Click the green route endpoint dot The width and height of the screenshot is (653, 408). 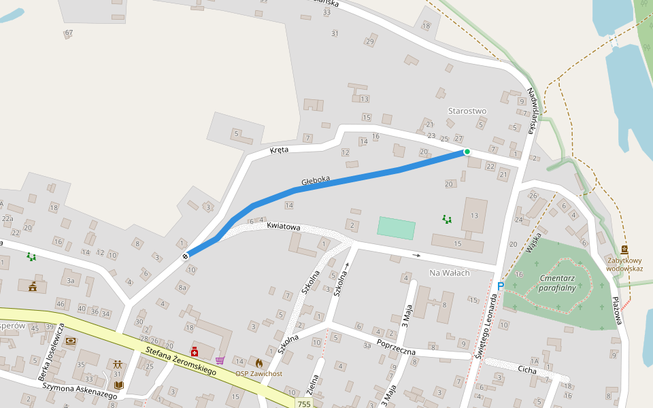[x=467, y=152]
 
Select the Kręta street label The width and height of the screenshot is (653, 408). [x=279, y=150]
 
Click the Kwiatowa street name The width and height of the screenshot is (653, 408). [x=284, y=225]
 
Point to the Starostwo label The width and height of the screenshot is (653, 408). [x=467, y=111]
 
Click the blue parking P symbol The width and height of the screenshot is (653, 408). [x=501, y=287]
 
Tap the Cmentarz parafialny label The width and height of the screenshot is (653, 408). [x=557, y=283]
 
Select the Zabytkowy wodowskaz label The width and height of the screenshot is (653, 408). [x=624, y=264]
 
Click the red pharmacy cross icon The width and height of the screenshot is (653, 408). [x=195, y=352]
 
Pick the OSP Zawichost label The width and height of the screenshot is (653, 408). [x=258, y=373]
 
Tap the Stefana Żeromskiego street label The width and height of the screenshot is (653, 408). [x=181, y=360]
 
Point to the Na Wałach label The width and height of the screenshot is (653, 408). [x=446, y=273]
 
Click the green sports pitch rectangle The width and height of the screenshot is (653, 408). [x=396, y=228]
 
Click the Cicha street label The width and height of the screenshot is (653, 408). [x=526, y=371]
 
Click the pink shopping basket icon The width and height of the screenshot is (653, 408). [x=220, y=360]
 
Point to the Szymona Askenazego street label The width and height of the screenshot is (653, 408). [x=75, y=390]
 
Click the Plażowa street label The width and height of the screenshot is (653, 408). [x=616, y=310]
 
